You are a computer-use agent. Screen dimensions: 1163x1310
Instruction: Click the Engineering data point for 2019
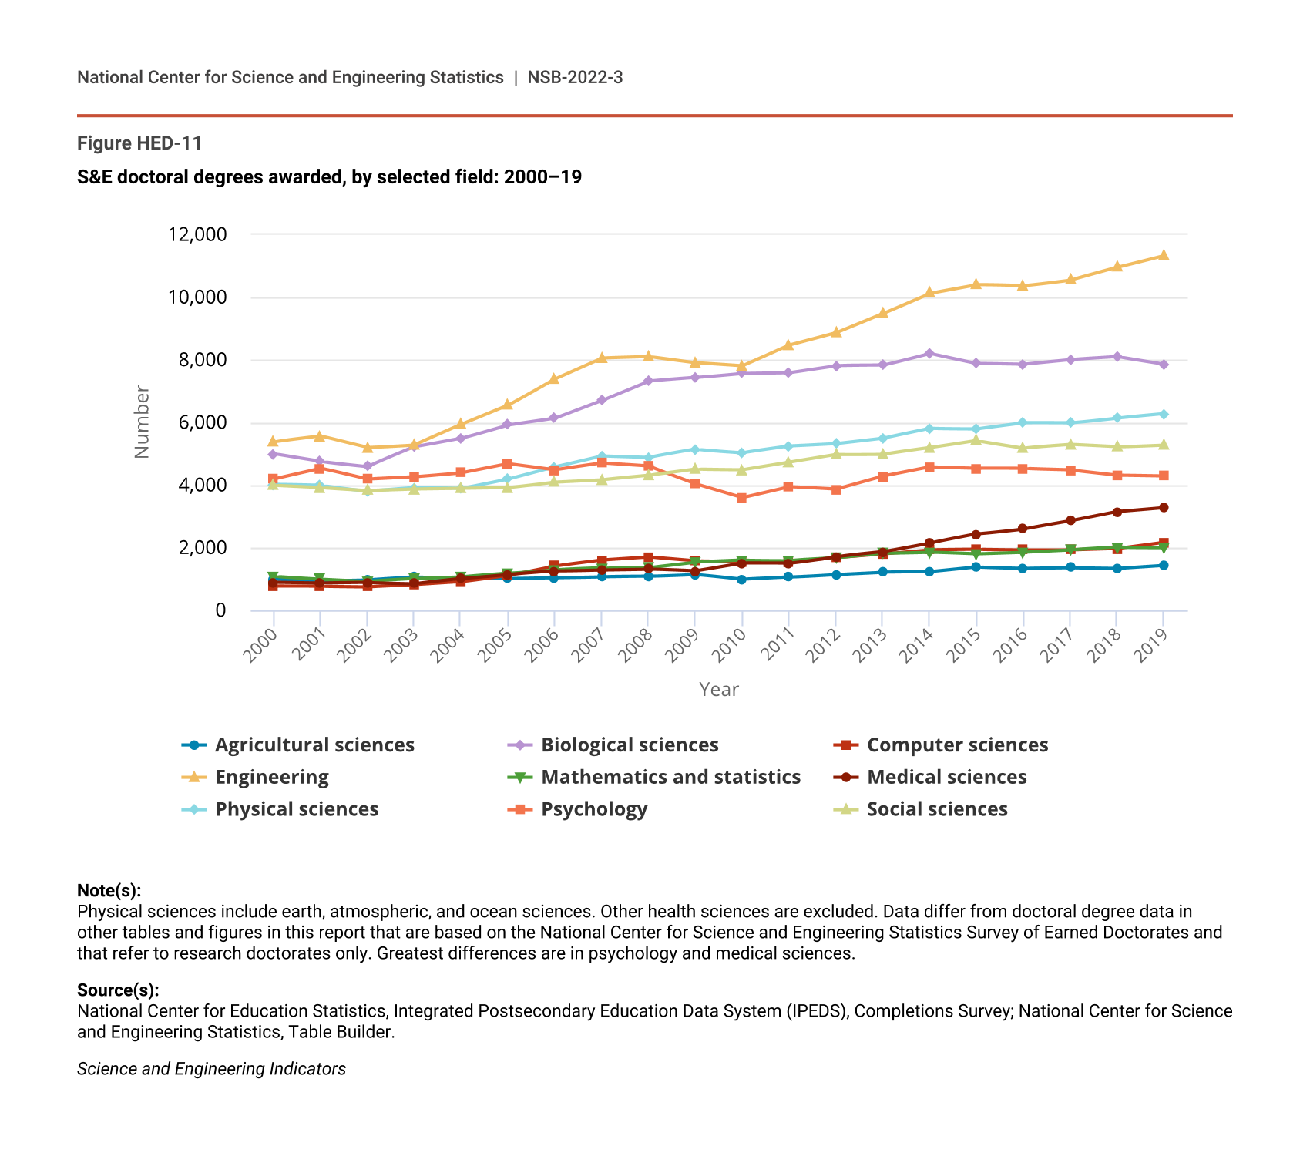(x=1164, y=256)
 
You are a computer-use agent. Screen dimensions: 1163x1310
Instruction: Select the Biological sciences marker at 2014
(x=929, y=354)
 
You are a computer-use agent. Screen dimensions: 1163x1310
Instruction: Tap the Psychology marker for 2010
(x=741, y=498)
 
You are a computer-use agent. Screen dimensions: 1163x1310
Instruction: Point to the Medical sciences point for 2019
(x=1164, y=508)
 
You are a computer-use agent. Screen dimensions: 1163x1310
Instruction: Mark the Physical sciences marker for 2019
(x=1164, y=415)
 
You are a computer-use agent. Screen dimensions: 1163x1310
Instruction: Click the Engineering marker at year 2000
(x=273, y=442)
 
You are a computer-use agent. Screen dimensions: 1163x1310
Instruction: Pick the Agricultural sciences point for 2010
(x=741, y=580)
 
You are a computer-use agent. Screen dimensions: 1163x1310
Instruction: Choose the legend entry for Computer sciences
(x=957, y=745)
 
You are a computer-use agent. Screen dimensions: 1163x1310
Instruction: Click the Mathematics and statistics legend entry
(x=670, y=777)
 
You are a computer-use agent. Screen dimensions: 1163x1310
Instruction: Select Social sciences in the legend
(x=937, y=809)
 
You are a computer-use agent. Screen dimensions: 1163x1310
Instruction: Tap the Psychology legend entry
(x=593, y=809)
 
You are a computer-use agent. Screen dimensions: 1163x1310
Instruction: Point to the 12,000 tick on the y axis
(x=196, y=234)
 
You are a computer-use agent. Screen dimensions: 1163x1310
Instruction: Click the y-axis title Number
(x=142, y=422)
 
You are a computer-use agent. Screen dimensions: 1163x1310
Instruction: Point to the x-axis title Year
(x=718, y=690)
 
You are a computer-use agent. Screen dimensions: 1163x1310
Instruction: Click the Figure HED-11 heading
(x=139, y=143)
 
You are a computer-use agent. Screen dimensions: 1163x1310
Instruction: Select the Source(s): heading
(x=118, y=990)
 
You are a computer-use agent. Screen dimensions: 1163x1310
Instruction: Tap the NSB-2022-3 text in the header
(x=575, y=77)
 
